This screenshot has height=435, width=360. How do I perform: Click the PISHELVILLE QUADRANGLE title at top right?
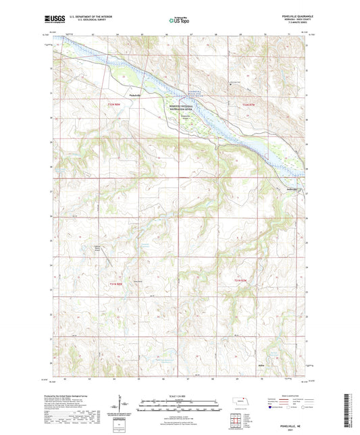coord(292,14)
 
